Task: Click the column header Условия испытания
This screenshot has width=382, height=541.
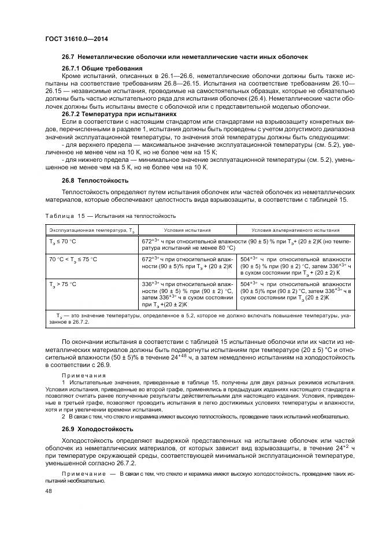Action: (188, 229)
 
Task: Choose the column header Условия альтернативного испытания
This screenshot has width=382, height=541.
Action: (295, 229)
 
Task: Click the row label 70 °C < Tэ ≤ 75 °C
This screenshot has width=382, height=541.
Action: (73, 259)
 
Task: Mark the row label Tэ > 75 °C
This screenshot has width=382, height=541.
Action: (64, 285)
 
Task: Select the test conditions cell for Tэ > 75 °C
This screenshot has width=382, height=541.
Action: (187, 294)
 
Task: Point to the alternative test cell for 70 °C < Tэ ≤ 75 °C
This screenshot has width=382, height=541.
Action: (295, 265)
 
